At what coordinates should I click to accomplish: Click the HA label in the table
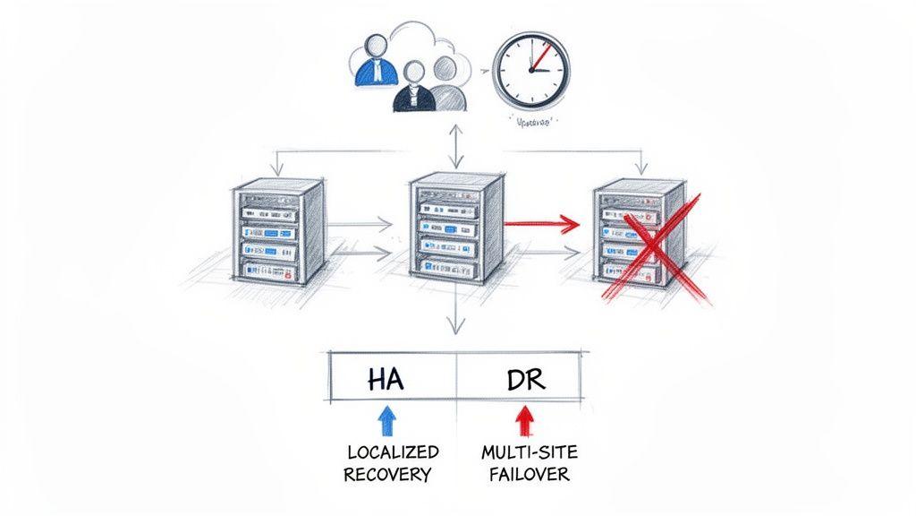coord(386,379)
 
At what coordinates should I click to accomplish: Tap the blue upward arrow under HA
coord(386,421)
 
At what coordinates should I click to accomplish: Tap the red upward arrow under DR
coord(523,421)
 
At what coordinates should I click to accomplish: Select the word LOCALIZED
coord(392,452)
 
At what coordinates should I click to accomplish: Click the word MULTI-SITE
coord(528,452)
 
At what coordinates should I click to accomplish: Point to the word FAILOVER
coord(529,474)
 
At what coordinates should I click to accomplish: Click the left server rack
coord(276,231)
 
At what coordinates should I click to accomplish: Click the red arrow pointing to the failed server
coord(542,221)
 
